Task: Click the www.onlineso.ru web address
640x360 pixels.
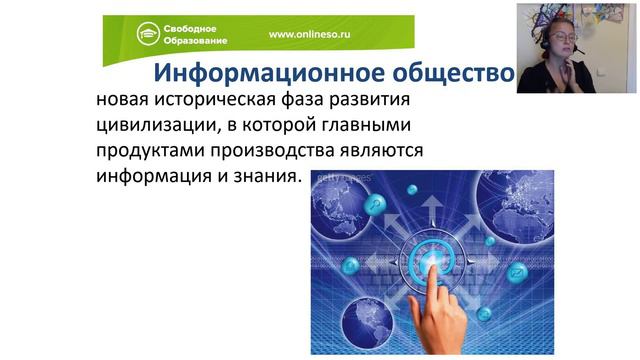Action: [315, 33]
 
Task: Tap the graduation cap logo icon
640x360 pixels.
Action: [149, 33]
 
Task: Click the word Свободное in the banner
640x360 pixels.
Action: [197, 26]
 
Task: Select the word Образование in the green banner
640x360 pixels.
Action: [201, 41]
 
